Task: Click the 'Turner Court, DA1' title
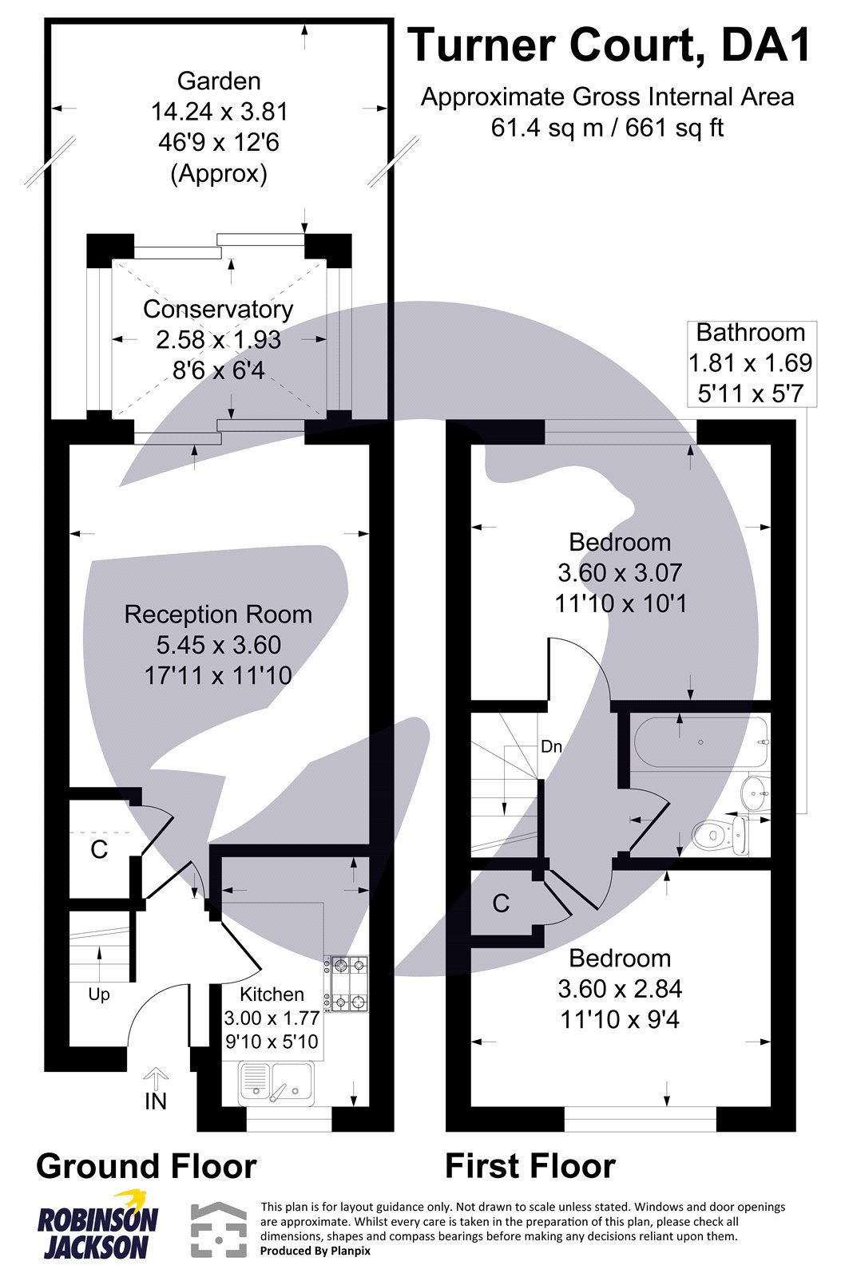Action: tap(609, 45)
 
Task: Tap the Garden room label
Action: tap(219, 81)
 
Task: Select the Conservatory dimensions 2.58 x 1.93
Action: tap(219, 340)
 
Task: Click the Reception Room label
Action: tap(218, 615)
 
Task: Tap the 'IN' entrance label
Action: tap(156, 1101)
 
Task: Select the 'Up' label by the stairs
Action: tap(99, 994)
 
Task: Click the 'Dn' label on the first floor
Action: tap(551, 747)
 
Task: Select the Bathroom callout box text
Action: tap(750, 362)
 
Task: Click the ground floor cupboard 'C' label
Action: tap(99, 849)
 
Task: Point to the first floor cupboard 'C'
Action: tap(501, 903)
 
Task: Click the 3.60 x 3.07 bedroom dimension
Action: tap(620, 573)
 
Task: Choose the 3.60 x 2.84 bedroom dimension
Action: tap(620, 989)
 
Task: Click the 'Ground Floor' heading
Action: tap(146, 1166)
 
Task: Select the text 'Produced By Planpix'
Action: tap(315, 1251)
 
